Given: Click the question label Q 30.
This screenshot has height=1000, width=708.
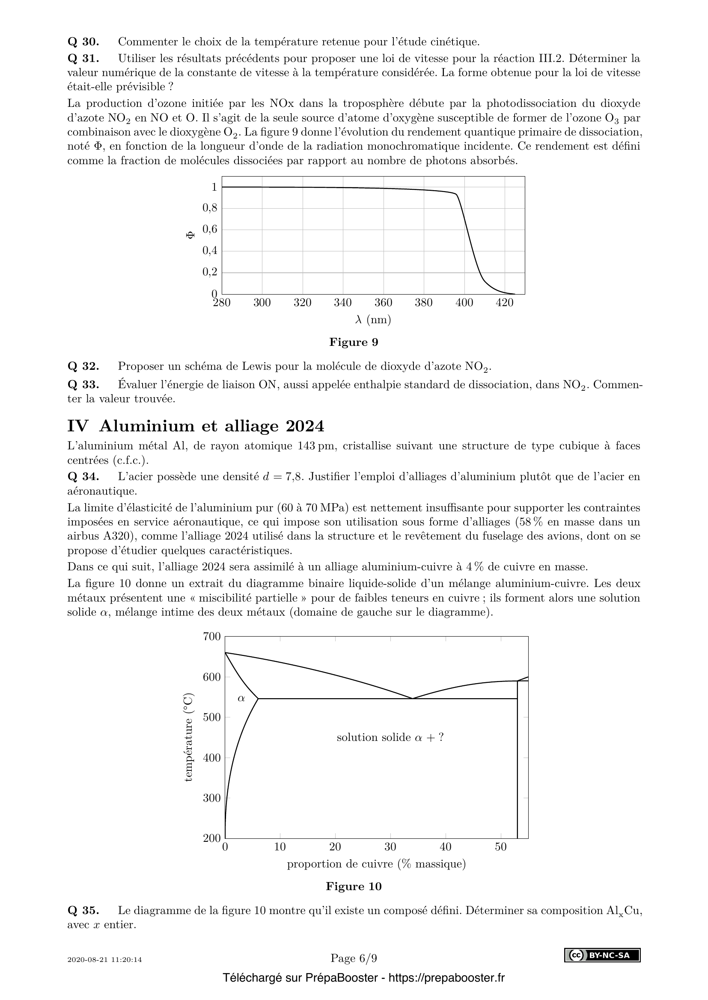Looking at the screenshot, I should click(x=83, y=42).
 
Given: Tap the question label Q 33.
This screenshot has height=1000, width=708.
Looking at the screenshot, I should click(x=83, y=385).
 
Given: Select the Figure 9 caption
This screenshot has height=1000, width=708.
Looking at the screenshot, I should click(x=354, y=342).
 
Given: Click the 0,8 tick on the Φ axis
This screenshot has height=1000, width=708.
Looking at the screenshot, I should click(x=209, y=208).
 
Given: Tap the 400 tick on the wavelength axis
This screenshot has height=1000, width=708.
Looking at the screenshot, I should click(x=464, y=303).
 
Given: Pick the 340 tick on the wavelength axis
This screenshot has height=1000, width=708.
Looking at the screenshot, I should click(x=343, y=303).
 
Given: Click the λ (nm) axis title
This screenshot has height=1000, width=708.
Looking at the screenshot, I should click(x=373, y=320).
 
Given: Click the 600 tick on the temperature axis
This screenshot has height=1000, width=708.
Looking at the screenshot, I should click(x=211, y=677).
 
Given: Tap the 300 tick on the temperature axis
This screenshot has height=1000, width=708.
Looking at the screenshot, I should click(x=211, y=798).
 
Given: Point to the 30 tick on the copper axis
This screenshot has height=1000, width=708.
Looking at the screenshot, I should click(x=390, y=847).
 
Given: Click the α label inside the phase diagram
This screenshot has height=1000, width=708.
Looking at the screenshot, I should click(x=241, y=699).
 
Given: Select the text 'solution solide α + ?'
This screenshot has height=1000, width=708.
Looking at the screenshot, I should click(x=390, y=737).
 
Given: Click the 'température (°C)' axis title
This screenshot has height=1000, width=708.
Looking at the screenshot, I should click(x=188, y=737).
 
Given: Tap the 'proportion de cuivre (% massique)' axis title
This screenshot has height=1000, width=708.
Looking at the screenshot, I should click(x=376, y=864).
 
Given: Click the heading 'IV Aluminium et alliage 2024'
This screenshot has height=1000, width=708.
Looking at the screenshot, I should click(x=196, y=426).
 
